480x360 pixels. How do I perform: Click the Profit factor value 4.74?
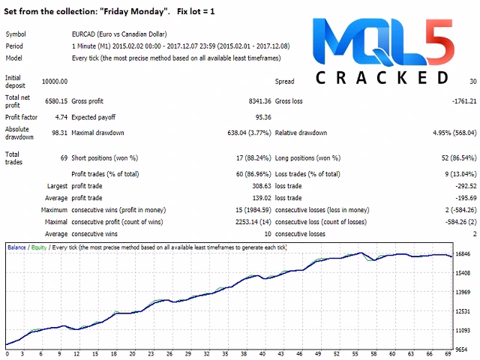point(61,117)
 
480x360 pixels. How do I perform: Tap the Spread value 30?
point(472,81)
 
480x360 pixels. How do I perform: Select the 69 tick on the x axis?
point(448,353)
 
